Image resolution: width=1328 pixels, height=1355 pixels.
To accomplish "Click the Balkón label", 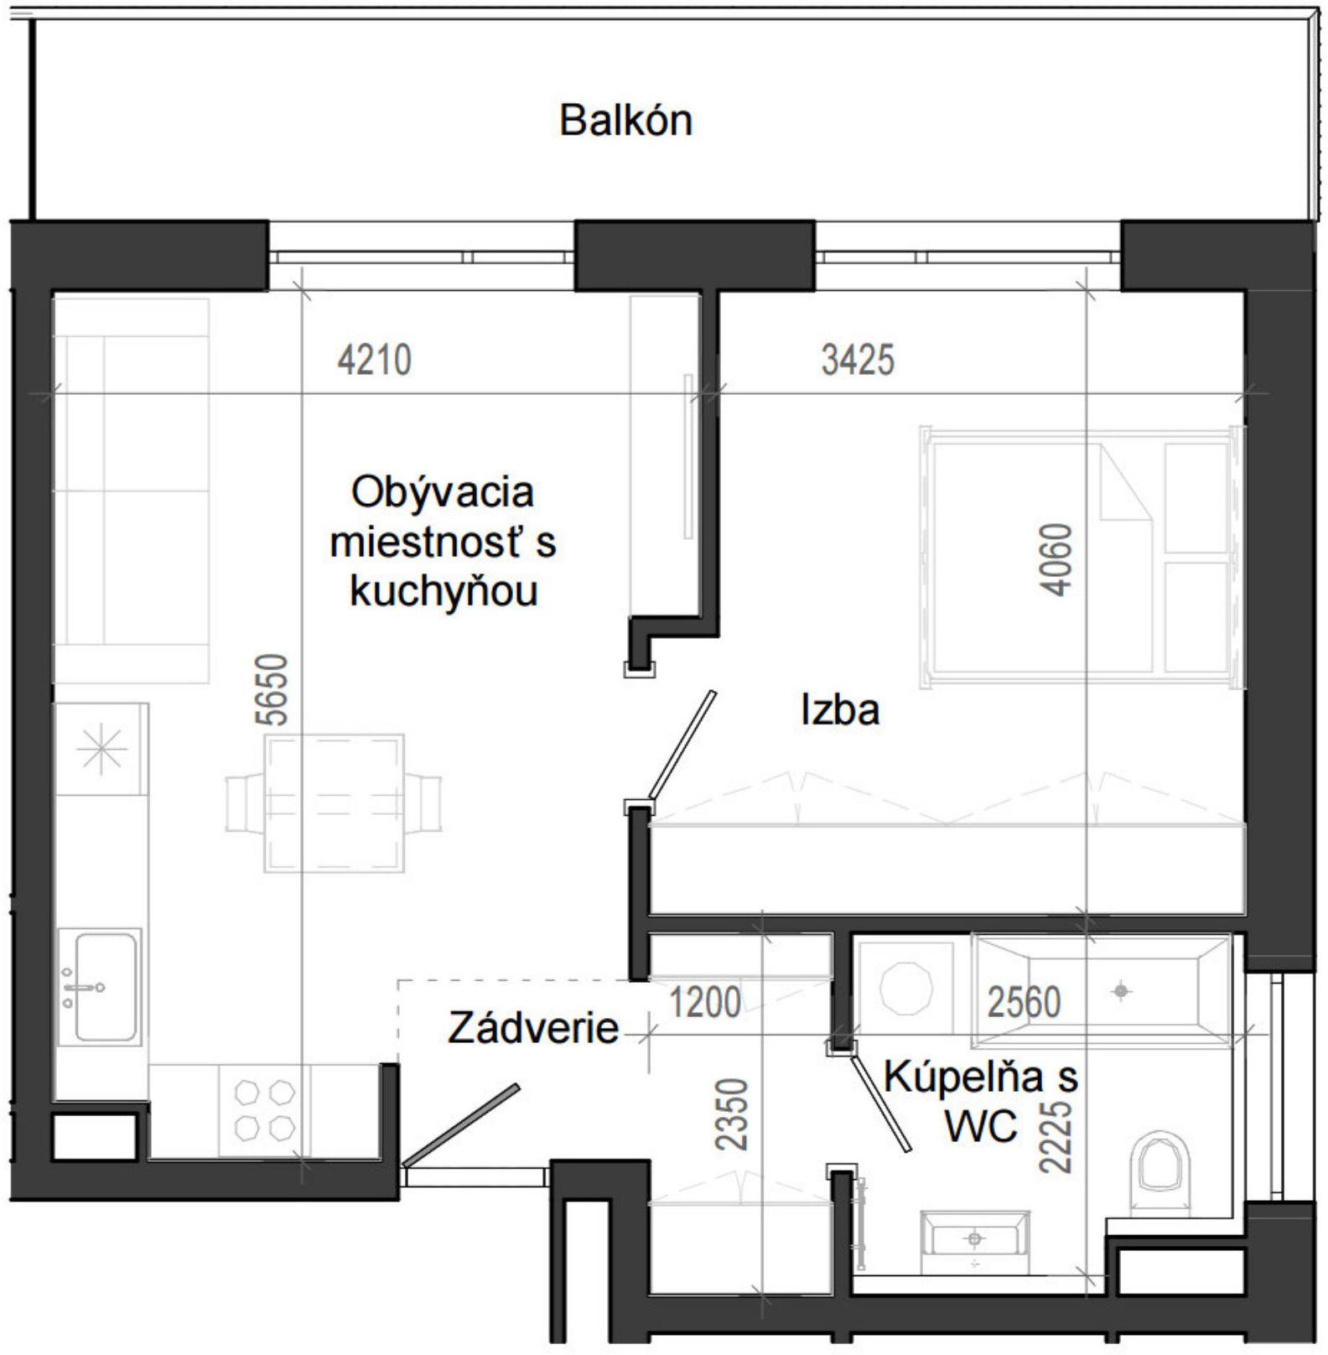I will pyautogui.click(x=625, y=121).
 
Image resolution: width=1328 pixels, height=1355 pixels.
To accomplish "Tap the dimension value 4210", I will pyautogui.click(x=374, y=361).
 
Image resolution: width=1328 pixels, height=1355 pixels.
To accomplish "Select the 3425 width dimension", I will pyautogui.click(x=858, y=361).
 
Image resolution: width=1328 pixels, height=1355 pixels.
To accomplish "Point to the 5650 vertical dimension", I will pyautogui.click(x=274, y=690).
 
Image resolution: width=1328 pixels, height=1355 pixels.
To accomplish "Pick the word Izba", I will pyautogui.click(x=840, y=711).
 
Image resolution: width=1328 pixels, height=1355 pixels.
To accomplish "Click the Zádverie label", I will pyautogui.click(x=533, y=1028).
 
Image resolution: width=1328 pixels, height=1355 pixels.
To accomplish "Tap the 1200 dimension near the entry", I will pyautogui.click(x=705, y=1002).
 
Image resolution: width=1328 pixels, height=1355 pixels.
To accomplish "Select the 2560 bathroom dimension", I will pyautogui.click(x=1024, y=1002).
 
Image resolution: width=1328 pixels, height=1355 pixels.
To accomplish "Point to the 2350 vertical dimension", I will pyautogui.click(x=731, y=1114).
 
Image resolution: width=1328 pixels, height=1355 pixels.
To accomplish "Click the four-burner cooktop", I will pyautogui.click(x=264, y=1109).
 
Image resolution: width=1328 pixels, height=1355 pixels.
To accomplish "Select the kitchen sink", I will pyautogui.click(x=99, y=985).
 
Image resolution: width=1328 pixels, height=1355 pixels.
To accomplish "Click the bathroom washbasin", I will pyautogui.click(x=974, y=1238).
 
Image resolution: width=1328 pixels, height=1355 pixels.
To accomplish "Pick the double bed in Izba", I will pyautogui.click(x=1082, y=558).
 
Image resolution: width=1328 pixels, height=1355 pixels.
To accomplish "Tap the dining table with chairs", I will pyautogui.click(x=334, y=802).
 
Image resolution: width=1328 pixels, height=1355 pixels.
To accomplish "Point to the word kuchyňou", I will pyautogui.click(x=444, y=592).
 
